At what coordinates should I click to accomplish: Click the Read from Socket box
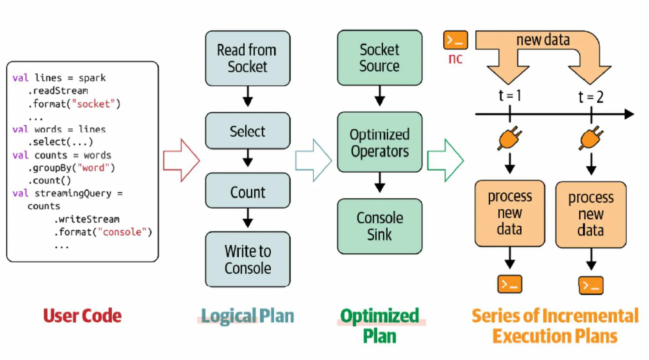[248, 58]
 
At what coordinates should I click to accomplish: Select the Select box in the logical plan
[248, 131]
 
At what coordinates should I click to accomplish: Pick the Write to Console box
[248, 259]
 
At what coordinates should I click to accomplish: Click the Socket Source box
[379, 58]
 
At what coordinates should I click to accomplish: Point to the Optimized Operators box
[379, 142]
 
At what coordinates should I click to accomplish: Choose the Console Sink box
[379, 226]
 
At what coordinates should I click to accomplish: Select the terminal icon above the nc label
[455, 40]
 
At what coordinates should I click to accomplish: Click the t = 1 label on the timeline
[510, 96]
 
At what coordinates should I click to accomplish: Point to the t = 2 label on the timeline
[591, 97]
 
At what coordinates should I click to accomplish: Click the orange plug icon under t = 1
[509, 138]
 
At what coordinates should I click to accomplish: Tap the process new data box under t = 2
[591, 214]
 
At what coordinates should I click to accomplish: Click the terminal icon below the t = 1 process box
[510, 284]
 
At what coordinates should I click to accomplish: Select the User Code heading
[82, 316]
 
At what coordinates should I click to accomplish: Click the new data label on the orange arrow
[543, 40]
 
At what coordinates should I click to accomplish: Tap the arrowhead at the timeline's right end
[629, 114]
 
